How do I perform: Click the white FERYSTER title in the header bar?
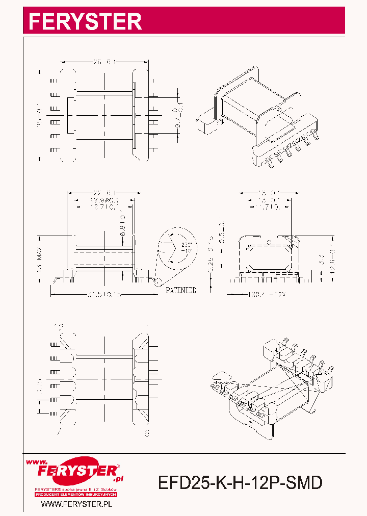pyautogui.click(x=85, y=21)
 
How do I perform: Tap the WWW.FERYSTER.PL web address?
pyautogui.click(x=76, y=504)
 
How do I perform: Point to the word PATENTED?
pyautogui.click(x=180, y=290)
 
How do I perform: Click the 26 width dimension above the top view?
pyautogui.click(x=105, y=62)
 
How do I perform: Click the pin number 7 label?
pyautogui.click(x=60, y=432)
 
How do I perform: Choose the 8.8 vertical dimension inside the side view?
pyautogui.click(x=122, y=227)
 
